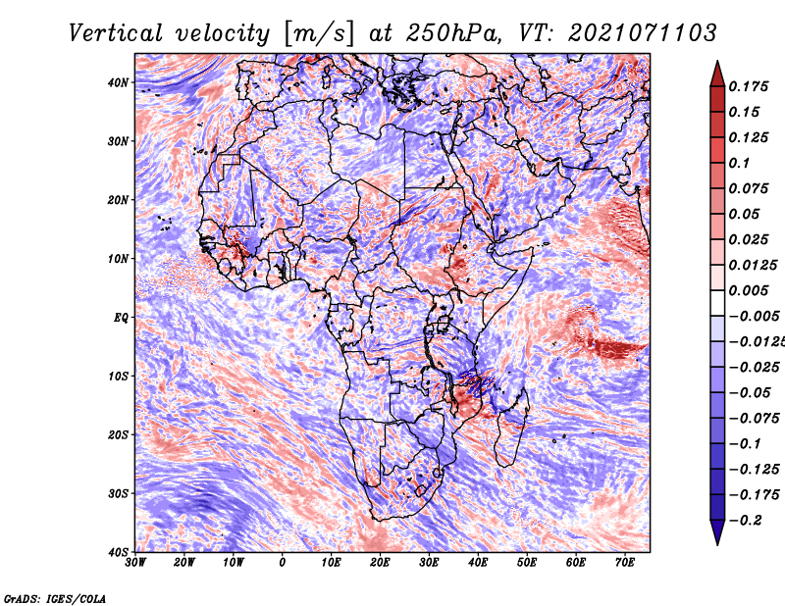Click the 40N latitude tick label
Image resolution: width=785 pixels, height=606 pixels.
(x=118, y=82)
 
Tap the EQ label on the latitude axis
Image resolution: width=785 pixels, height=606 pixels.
(x=121, y=318)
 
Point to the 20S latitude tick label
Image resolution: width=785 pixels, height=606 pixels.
(x=118, y=434)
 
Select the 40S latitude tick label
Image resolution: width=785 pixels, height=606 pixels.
(x=118, y=552)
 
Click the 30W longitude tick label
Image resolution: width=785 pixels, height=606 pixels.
(x=135, y=563)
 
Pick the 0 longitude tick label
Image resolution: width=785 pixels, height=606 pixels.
(x=283, y=563)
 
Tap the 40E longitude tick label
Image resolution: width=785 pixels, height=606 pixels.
(x=478, y=563)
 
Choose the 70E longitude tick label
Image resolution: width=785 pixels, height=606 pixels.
(x=625, y=563)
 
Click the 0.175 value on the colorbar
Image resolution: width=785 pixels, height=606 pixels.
(x=748, y=86)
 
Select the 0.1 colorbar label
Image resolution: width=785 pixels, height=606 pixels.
(x=739, y=163)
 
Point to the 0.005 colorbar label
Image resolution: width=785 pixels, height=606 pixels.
(x=748, y=290)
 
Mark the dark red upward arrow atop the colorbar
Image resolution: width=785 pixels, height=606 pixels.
(x=717, y=74)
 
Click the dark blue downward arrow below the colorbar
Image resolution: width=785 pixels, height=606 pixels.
(x=717, y=532)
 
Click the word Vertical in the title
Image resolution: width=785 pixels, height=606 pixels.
(x=115, y=33)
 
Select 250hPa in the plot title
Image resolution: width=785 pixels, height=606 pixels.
(x=452, y=33)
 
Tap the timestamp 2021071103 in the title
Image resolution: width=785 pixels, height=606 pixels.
(x=642, y=33)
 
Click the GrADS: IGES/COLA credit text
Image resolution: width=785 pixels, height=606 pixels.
(x=55, y=599)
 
